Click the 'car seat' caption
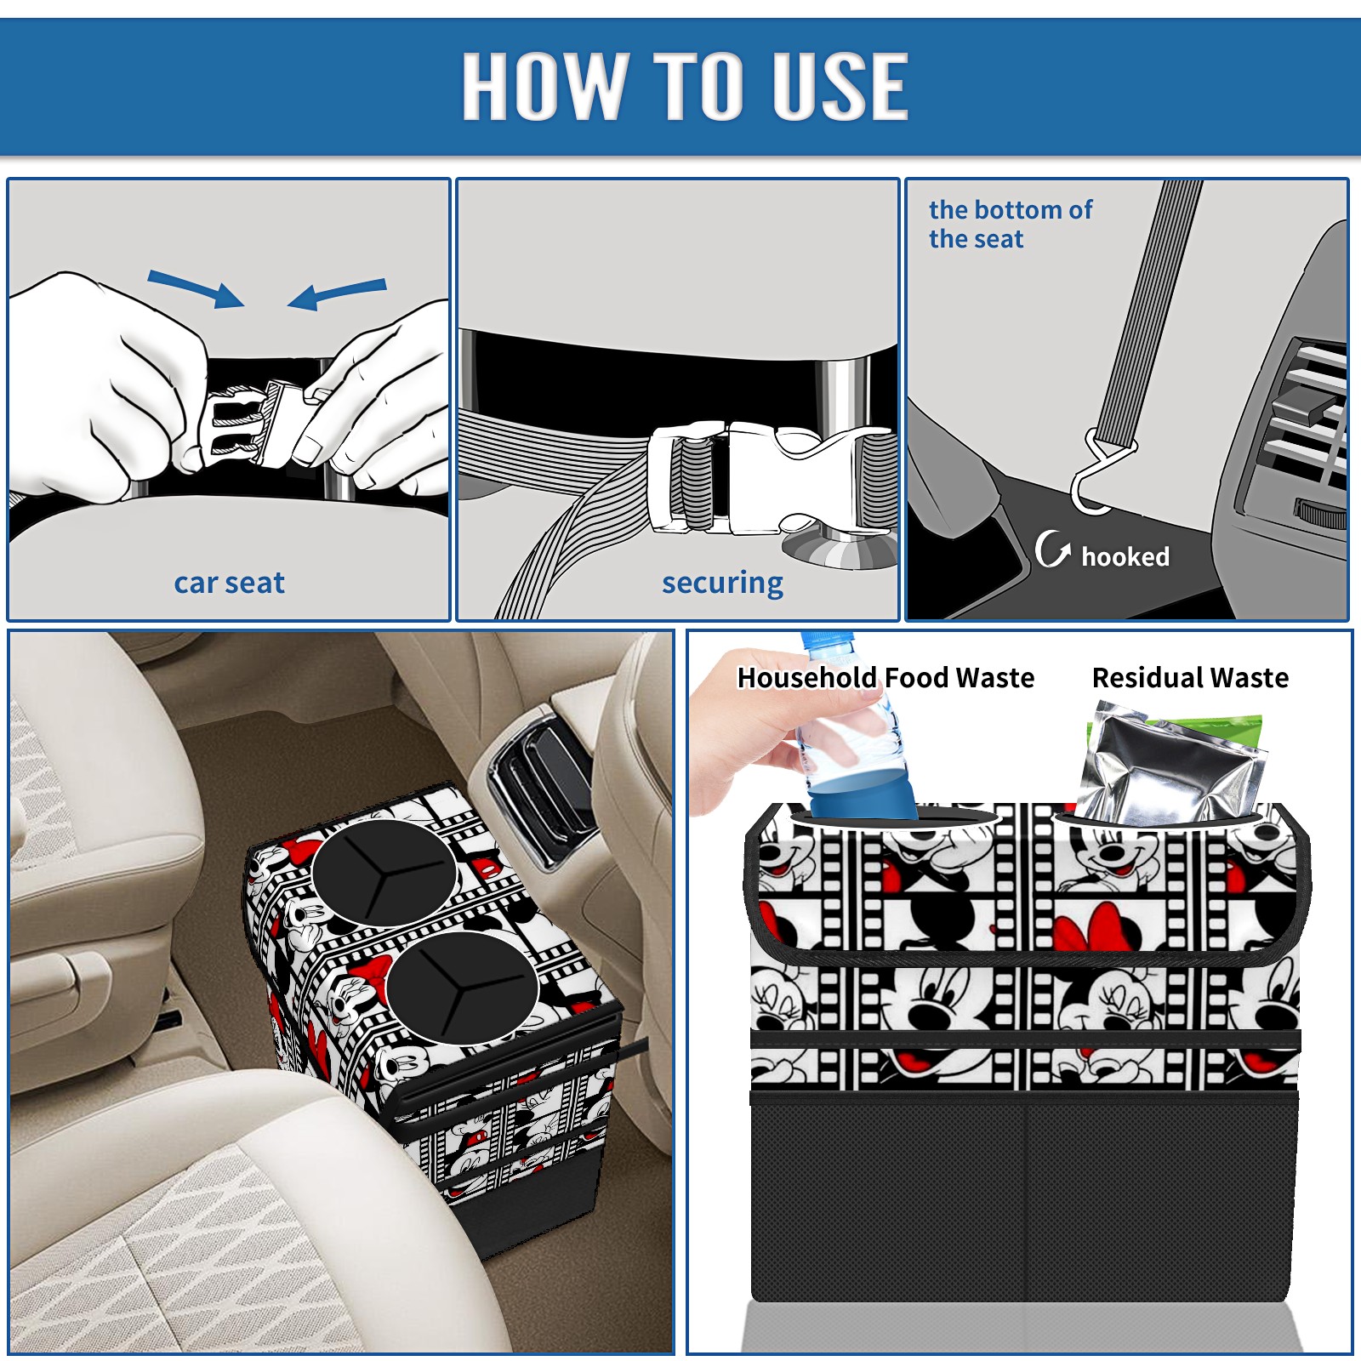tap(229, 583)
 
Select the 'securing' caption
tap(722, 584)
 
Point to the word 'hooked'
tap(1125, 556)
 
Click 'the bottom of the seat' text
tap(1011, 224)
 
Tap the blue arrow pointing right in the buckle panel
tap(196, 288)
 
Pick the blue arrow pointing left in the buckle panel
tap(338, 293)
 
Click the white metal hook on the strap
tap(1100, 476)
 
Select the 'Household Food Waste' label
tap(886, 677)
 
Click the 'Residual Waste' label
tap(1190, 677)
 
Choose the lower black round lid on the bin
tap(462, 986)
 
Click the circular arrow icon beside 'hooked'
tap(1052, 550)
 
